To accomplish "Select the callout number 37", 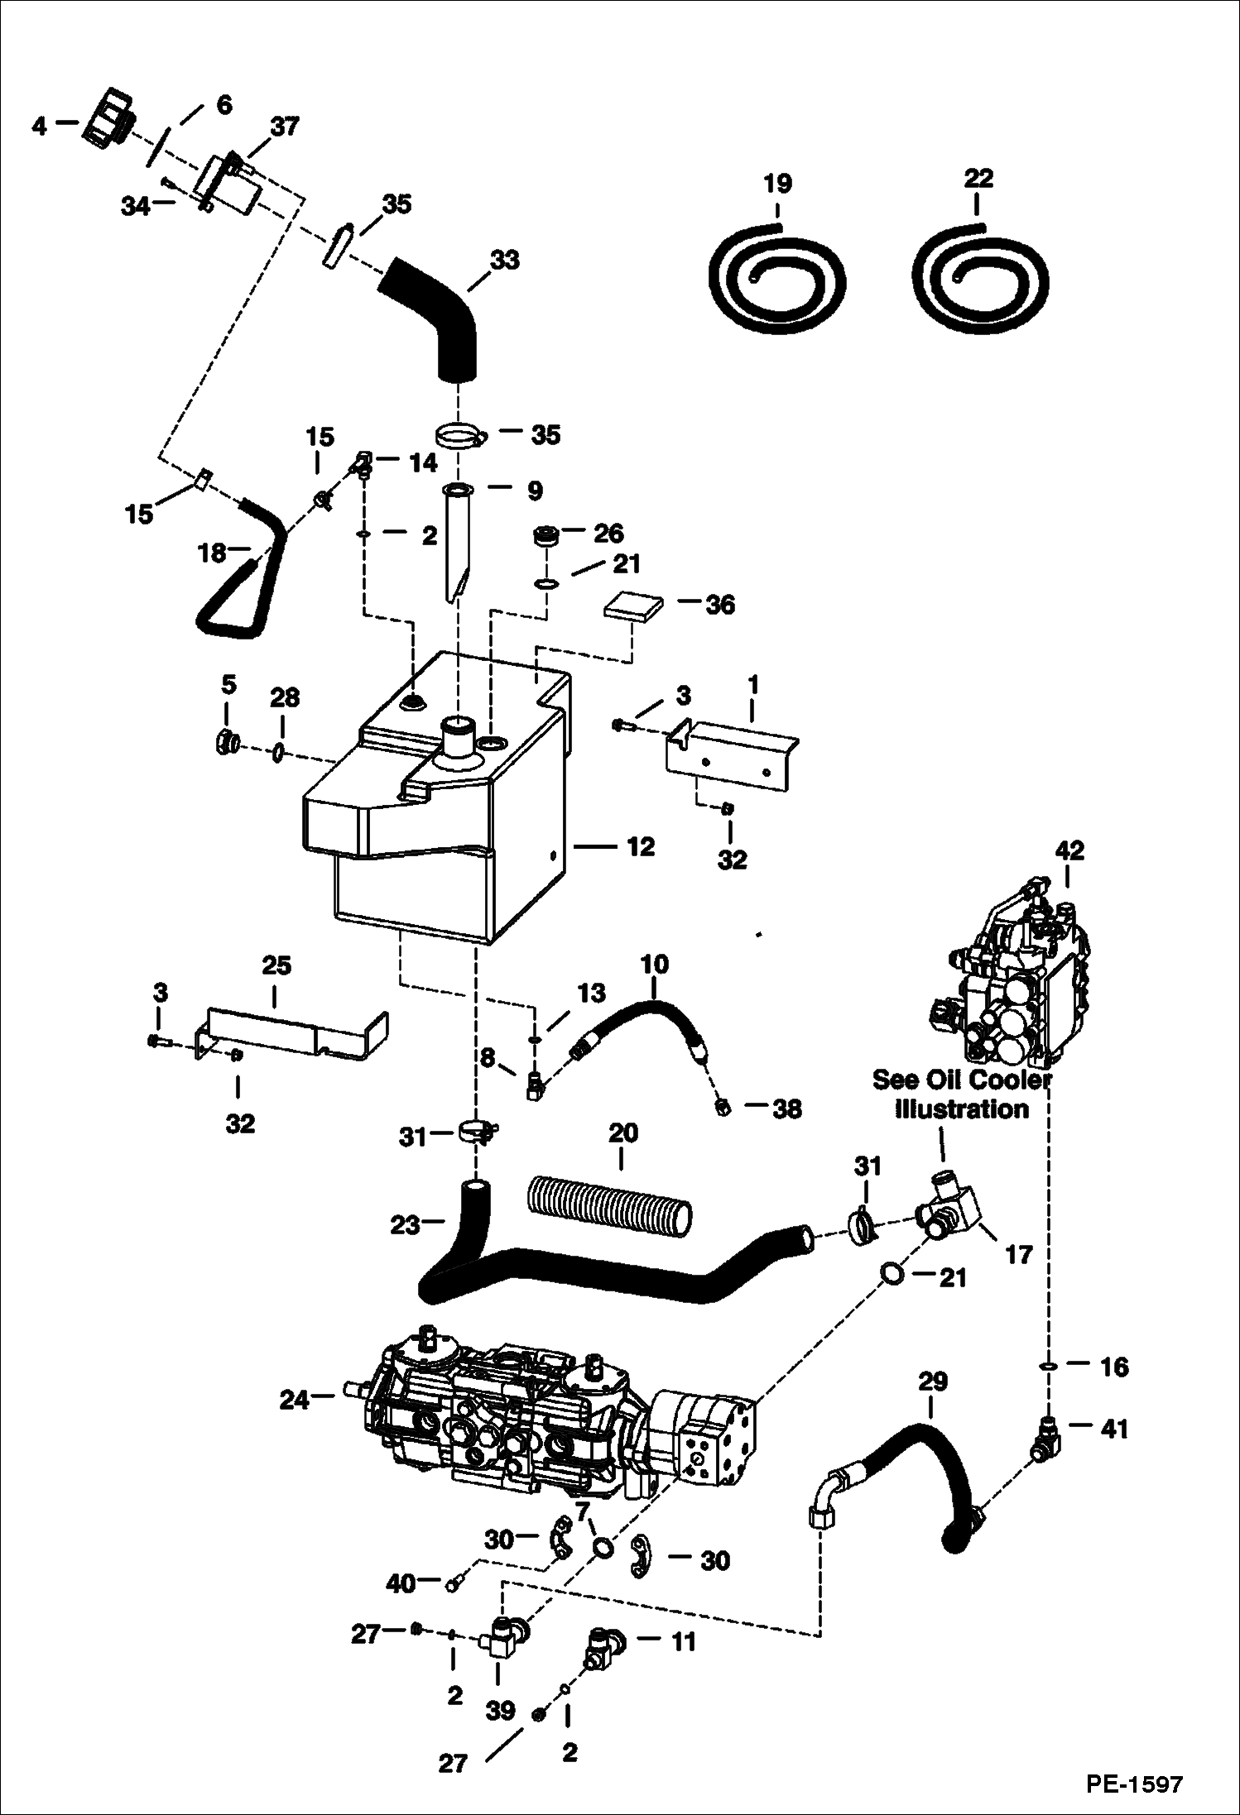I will pos(285,127).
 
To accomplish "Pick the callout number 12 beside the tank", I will pos(641,847).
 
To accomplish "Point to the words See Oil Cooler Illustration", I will pos(960,1094).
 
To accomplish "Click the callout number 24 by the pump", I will pos(294,1399).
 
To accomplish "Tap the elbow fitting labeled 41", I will pos(1045,1439).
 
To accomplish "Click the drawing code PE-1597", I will pos(1134,1783).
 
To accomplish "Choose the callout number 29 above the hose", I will pos(933,1381).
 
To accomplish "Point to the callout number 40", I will pos(401,1583).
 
